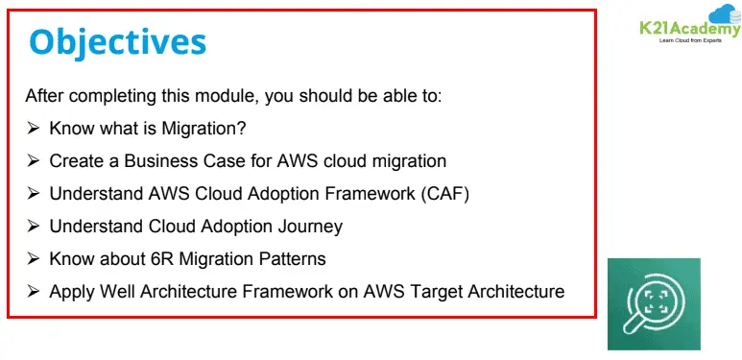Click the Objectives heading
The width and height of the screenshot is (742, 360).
click(x=117, y=42)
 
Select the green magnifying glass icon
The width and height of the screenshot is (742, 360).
click(x=653, y=303)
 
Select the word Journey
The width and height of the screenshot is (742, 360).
click(x=310, y=227)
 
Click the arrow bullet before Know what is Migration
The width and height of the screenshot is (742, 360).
click(x=34, y=128)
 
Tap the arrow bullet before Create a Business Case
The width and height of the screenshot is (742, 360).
click(x=34, y=160)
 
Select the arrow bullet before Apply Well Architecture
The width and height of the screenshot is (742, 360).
click(x=34, y=291)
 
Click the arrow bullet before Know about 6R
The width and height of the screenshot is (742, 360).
click(x=34, y=259)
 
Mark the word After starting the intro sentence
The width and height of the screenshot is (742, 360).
click(x=44, y=96)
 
